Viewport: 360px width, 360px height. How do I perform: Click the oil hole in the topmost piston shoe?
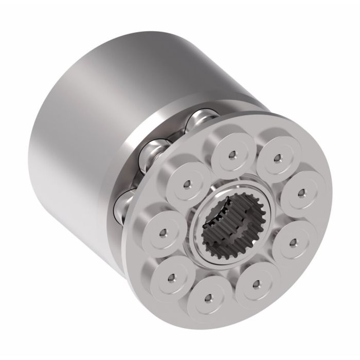tap(233, 154)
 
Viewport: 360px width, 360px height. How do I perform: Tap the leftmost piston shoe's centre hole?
tap(165, 231)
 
